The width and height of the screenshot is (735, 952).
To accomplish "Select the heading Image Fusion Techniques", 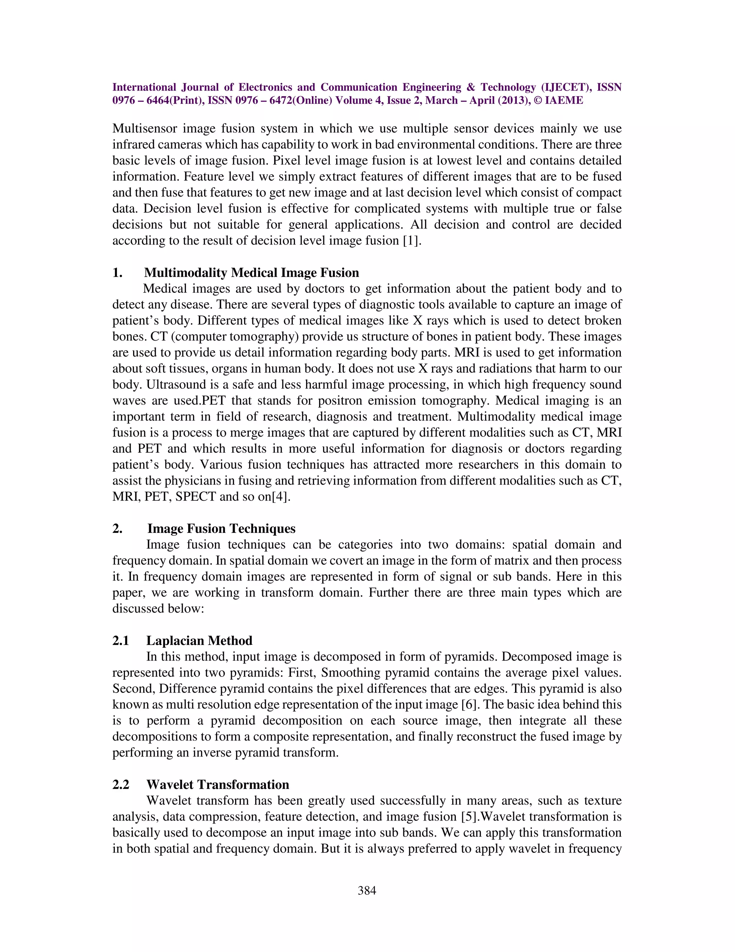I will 221,528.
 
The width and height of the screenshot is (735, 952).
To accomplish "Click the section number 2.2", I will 121,784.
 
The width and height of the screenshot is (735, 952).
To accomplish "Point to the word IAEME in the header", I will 564,101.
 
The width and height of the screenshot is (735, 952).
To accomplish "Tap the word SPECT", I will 196,496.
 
